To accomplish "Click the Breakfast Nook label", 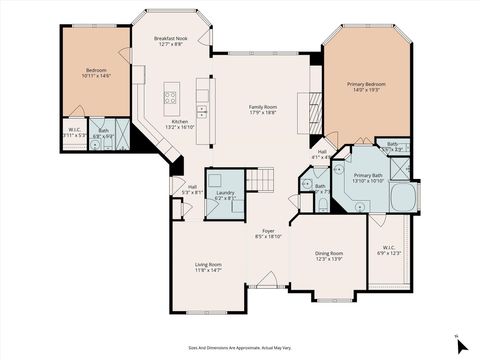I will click(x=167, y=41).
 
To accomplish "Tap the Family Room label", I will click(x=264, y=109).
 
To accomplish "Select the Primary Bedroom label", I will click(x=365, y=87).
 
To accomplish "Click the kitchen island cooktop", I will click(x=170, y=98).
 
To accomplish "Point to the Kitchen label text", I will click(x=179, y=124).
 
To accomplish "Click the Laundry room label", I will click(x=225, y=194).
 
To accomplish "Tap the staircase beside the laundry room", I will click(x=260, y=180).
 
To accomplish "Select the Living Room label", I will click(x=208, y=267).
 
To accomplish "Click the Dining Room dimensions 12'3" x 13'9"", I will click(x=329, y=259).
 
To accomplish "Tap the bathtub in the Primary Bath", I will click(x=403, y=197).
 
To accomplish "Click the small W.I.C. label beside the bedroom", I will click(x=75, y=132).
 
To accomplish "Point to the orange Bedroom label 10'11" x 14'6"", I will click(x=96, y=72).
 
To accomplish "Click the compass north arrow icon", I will click(x=460, y=345).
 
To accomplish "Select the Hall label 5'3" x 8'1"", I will click(x=192, y=189).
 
